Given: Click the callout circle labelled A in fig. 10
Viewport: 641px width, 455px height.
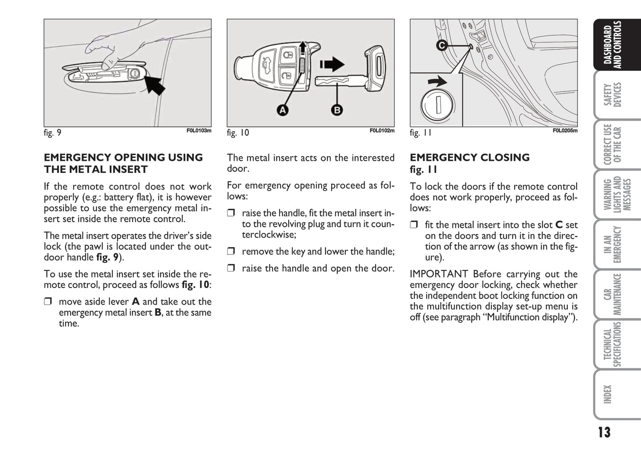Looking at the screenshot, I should (x=282, y=110).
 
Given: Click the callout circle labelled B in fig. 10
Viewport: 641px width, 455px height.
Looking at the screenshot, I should (x=337, y=110).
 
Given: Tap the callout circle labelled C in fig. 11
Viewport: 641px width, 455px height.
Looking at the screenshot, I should (x=441, y=45).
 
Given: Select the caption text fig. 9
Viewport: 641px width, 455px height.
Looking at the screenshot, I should (x=52, y=133).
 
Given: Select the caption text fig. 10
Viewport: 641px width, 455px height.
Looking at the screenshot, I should (x=238, y=133).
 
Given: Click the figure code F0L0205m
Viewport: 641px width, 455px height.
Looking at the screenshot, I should (x=565, y=131).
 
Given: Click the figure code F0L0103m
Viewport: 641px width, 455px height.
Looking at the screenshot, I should (x=199, y=131).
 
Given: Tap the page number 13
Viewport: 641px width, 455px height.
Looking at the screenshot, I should (x=604, y=432).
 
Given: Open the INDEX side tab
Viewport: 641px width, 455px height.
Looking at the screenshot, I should (x=608, y=394).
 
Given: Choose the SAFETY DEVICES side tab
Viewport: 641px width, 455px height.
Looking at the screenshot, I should (x=613, y=94).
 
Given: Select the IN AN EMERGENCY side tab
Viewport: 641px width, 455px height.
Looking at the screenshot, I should (x=613, y=244).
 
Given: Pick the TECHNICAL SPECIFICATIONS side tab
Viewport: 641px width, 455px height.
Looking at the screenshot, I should (x=613, y=345).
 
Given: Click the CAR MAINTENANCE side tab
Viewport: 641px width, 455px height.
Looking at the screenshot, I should (x=613, y=294).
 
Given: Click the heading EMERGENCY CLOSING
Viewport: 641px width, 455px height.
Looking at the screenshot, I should (x=470, y=158).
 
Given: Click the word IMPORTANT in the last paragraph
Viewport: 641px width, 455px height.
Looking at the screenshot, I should (x=439, y=274).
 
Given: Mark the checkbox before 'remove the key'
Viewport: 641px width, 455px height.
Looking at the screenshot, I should (x=231, y=251).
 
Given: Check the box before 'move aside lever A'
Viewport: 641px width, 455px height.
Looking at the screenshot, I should (x=47, y=302).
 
